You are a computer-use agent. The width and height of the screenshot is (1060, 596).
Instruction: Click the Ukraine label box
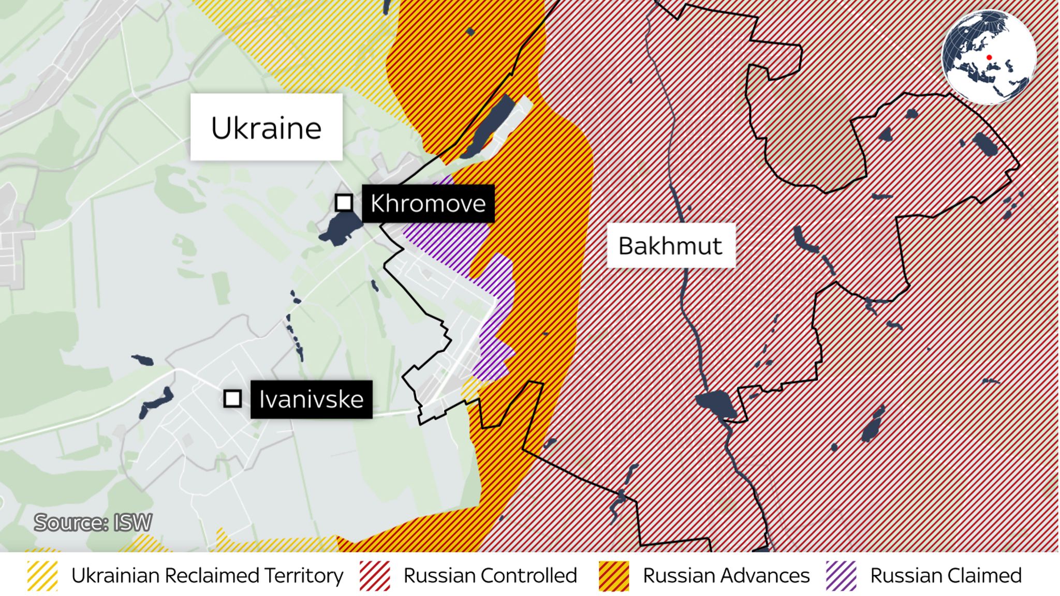click(266, 127)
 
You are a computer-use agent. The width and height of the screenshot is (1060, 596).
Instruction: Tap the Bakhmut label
click(670, 246)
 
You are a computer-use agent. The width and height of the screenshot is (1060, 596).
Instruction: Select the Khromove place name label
click(428, 203)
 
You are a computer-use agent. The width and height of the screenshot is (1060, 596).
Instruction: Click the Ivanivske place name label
click(311, 399)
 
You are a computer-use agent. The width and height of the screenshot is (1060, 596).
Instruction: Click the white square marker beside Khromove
click(344, 203)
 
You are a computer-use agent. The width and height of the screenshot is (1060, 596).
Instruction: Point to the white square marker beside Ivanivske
click(232, 399)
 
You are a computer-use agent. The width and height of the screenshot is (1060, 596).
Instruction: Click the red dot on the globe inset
click(989, 57)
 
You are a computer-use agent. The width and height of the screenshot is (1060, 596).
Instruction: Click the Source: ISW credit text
click(93, 523)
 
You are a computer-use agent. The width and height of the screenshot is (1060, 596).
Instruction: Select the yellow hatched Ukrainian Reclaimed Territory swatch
click(42, 576)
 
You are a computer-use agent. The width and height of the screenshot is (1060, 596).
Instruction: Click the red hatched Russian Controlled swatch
click(375, 576)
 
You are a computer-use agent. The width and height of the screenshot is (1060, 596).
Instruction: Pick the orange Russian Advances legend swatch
click(614, 576)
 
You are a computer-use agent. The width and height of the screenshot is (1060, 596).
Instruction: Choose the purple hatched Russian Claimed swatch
click(841, 576)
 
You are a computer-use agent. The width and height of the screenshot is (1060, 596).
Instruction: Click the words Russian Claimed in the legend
click(946, 576)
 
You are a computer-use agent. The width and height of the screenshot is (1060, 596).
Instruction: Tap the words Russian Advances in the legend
click(726, 576)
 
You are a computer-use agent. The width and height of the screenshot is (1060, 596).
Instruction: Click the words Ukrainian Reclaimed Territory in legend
click(207, 576)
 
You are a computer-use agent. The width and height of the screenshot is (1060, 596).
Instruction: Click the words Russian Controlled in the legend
click(490, 576)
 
